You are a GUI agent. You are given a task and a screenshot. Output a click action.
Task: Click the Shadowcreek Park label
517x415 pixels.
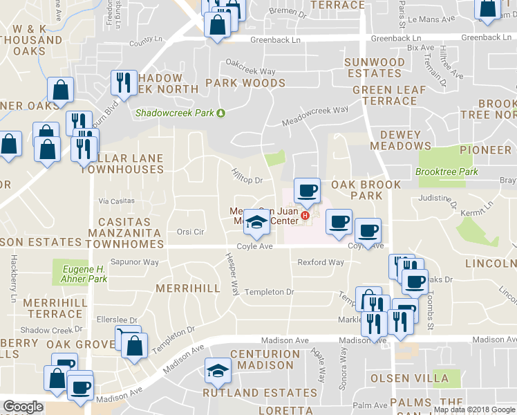click(x=175, y=113)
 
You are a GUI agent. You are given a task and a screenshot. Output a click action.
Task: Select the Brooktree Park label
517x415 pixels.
click(x=446, y=172)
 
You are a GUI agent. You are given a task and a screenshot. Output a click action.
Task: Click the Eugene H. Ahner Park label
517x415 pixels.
click(x=81, y=274)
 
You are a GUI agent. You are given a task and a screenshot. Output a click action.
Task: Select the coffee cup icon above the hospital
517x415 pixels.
click(x=307, y=190)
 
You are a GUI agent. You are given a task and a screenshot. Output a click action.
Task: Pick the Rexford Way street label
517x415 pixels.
click(x=320, y=262)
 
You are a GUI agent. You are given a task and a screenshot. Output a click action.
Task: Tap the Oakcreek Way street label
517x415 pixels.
click(x=250, y=71)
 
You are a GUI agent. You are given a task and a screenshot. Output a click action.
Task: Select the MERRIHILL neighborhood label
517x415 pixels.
click(x=187, y=287)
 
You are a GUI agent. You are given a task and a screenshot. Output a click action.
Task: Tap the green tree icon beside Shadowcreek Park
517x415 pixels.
click(x=220, y=113)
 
